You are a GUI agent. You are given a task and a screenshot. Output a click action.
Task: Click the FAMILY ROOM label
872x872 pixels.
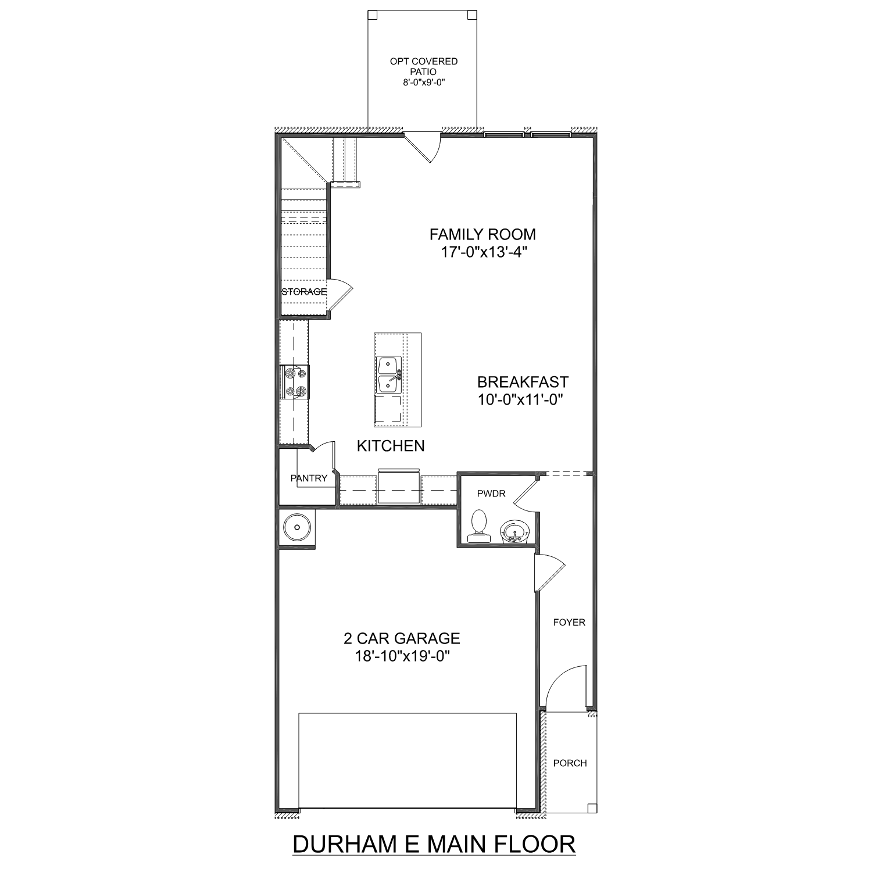pos(483,234)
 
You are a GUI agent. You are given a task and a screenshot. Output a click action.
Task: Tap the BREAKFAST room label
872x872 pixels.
pos(523,382)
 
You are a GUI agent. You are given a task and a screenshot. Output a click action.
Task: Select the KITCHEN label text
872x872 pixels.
pos(391,446)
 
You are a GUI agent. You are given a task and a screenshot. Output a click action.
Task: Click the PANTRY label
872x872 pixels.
pos(309,478)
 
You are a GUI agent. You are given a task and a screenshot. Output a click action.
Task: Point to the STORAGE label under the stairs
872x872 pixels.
pos(303,292)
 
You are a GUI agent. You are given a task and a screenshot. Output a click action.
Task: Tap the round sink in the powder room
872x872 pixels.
pos(513,531)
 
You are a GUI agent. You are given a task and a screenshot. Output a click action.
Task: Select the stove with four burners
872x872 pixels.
pos(294,382)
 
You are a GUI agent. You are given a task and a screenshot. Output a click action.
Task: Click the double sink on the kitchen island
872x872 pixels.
pos(388,375)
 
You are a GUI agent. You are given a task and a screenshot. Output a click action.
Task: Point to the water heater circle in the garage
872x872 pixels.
pos(296,528)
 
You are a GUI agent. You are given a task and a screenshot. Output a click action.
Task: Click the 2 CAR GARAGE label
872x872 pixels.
pos(402,638)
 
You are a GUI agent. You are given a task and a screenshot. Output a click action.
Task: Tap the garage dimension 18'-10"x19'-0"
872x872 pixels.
pos(402,656)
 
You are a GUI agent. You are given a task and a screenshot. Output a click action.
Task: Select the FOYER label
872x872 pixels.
pos(569,622)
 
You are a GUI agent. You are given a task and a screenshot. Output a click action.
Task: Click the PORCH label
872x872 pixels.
pos(570,763)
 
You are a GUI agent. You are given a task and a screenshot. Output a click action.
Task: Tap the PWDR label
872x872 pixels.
pos(491,494)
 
